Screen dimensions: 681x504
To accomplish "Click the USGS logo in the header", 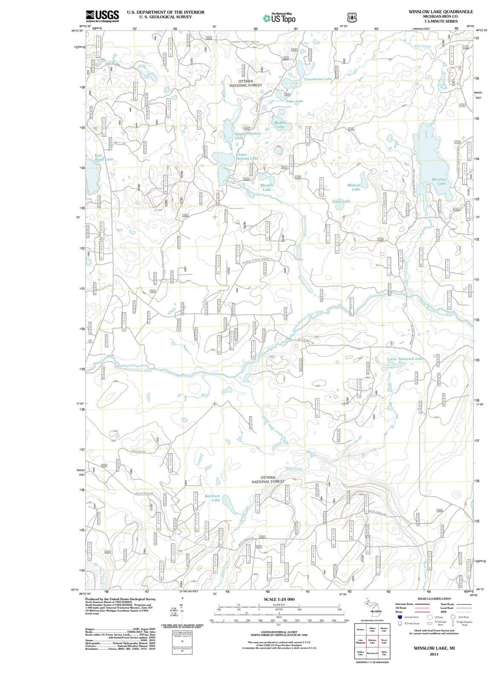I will [x=102, y=16].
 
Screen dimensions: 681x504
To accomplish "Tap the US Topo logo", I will [x=279, y=18].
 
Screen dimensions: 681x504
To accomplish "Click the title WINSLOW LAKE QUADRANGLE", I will [x=441, y=12].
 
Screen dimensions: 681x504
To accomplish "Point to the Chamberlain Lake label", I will [x=318, y=79].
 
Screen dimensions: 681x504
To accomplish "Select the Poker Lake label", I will [x=294, y=101].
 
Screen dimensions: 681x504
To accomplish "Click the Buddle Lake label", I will [x=280, y=125].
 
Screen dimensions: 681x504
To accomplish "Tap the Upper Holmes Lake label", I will [x=247, y=136].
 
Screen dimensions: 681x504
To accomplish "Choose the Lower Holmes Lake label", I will [x=247, y=156].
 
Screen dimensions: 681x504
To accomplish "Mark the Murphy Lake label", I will [x=266, y=187].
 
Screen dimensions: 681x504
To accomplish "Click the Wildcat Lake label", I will [x=354, y=187].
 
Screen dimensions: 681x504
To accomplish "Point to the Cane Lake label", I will [x=341, y=201].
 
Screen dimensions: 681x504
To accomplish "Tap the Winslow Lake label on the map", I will [x=439, y=181].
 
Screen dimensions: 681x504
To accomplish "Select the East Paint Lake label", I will [x=104, y=157].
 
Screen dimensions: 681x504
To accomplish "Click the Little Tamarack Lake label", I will [x=405, y=358].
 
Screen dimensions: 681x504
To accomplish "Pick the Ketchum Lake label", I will [x=212, y=498].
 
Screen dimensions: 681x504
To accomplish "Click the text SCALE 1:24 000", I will [x=279, y=599].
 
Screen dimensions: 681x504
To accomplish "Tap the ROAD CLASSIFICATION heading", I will [x=434, y=598].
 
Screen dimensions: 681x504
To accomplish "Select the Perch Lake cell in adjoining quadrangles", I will [x=384, y=642].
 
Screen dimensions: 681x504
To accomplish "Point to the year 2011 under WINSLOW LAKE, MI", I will [x=434, y=654].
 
